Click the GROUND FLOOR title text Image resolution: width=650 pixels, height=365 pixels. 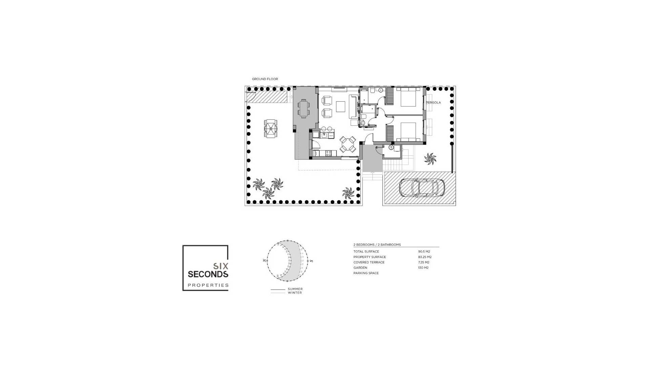(265, 79)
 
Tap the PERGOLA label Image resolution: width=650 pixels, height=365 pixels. (434, 102)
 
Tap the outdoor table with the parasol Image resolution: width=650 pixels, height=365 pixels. (271, 128)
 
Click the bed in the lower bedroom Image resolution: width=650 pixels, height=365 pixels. (408, 132)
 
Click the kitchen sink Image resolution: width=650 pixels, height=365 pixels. (87, 135)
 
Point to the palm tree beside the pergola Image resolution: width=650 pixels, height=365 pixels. (430, 159)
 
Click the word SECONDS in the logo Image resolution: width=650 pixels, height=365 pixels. (208, 274)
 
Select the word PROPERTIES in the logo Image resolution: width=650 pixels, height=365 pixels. (208, 285)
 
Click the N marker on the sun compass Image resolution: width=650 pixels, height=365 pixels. (264, 261)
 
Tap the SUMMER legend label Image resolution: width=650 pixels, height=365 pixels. (295, 289)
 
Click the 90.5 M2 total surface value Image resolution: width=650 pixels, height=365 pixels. (424, 251)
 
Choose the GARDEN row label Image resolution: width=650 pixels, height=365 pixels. (360, 268)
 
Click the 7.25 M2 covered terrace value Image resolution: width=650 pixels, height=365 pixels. (424, 262)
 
